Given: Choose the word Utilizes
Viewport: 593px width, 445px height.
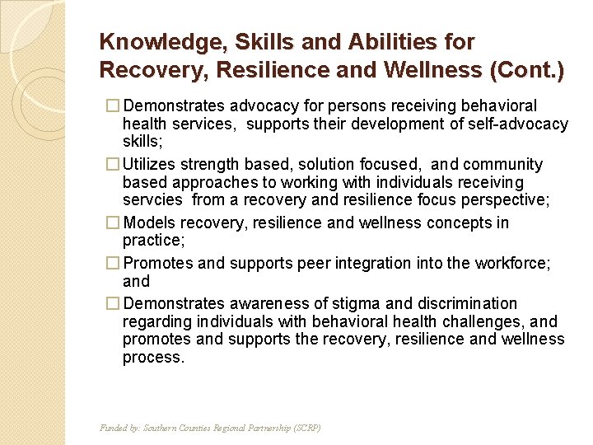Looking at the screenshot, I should click(154, 165).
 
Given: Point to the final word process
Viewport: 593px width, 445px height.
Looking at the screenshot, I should click(154, 357).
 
